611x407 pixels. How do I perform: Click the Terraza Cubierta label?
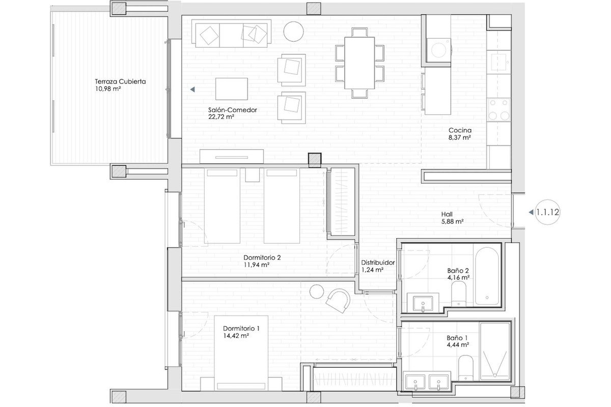[x=120, y=81]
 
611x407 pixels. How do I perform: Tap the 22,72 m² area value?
[x=221, y=117]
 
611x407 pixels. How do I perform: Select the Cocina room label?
[x=460, y=130]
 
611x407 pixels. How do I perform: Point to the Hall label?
[x=447, y=214]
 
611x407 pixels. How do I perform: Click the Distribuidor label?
[x=378, y=263]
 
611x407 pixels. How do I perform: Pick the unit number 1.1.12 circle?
[x=547, y=212]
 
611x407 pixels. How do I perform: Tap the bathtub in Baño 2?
[x=487, y=276]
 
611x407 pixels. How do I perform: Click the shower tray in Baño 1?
[x=495, y=352]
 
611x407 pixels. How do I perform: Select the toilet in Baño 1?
[x=465, y=368]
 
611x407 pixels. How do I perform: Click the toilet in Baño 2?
[x=459, y=294]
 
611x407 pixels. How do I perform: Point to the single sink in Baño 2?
[x=423, y=304]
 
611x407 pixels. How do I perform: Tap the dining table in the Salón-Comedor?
[x=359, y=63]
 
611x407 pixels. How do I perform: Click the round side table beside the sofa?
[x=293, y=32]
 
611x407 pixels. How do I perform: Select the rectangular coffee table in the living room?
[x=232, y=89]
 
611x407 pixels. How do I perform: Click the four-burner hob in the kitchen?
[x=499, y=110]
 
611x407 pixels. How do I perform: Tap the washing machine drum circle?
[x=438, y=50]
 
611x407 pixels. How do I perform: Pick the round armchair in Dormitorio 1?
[x=338, y=301]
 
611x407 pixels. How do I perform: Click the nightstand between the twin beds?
[x=253, y=175]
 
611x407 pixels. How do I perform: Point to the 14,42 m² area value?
[x=236, y=336]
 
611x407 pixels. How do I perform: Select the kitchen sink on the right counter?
[x=498, y=62]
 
